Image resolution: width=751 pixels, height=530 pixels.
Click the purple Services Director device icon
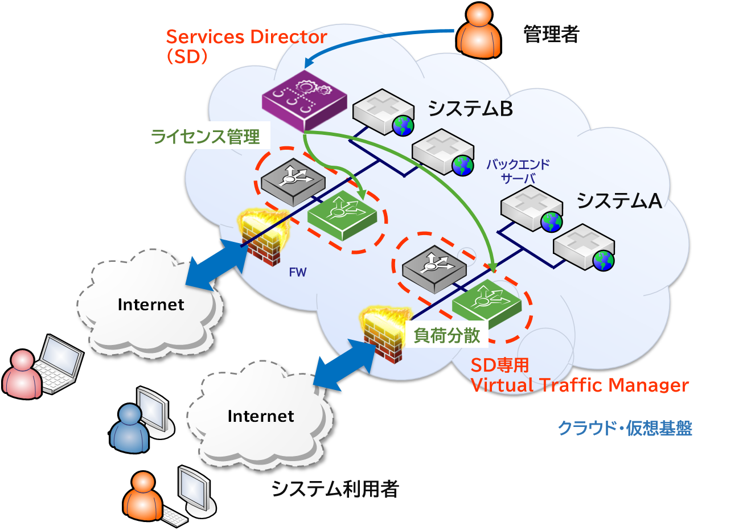(x=304, y=100)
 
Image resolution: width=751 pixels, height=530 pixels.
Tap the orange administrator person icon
(x=478, y=32)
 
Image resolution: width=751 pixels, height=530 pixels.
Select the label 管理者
(x=551, y=35)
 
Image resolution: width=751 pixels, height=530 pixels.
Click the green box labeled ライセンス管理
(x=205, y=137)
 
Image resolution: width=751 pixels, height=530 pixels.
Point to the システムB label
(x=470, y=108)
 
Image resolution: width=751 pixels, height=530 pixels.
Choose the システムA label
(x=619, y=200)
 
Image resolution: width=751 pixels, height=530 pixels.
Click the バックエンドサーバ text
(x=518, y=171)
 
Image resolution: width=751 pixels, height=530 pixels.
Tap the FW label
(x=297, y=272)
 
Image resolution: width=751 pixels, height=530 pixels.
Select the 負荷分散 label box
(x=447, y=336)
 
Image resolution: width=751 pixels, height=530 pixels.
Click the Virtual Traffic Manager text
(x=580, y=385)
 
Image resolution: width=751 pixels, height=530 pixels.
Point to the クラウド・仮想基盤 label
(x=625, y=428)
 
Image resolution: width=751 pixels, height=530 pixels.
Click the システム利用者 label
(x=334, y=489)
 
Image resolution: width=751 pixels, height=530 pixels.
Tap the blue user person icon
(x=130, y=429)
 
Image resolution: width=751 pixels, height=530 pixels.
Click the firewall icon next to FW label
(x=262, y=237)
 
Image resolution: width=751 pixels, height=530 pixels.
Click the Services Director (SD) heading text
(x=245, y=46)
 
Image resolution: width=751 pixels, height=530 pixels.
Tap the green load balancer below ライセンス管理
(x=342, y=215)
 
